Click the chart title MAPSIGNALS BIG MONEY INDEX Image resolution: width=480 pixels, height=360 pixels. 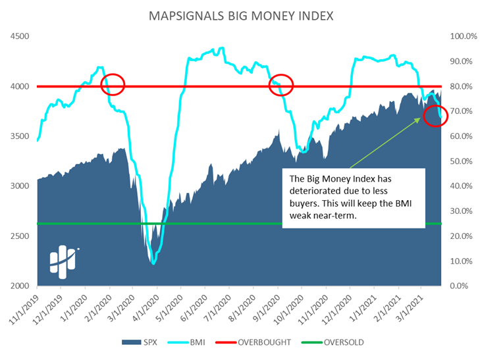coord(240,15)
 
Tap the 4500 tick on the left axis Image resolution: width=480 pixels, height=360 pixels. coord(20,36)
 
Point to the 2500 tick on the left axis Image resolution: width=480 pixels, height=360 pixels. coord(20,236)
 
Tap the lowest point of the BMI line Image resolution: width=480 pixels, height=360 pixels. coord(153,263)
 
